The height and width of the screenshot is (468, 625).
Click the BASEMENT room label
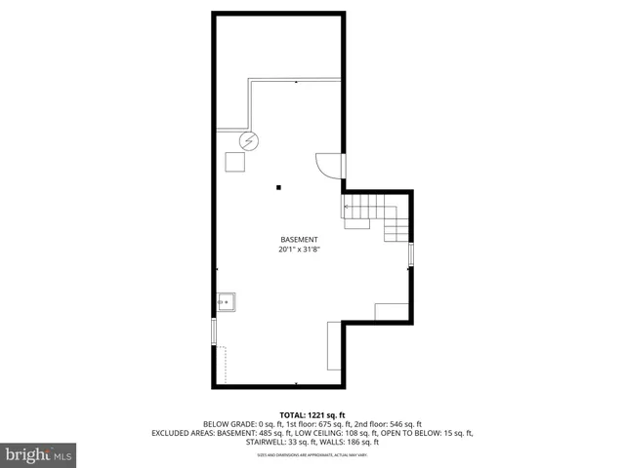click(299, 240)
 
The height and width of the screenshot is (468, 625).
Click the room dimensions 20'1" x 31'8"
click(299, 250)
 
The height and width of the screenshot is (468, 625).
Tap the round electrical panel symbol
click(250, 141)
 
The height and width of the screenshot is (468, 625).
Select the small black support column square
click(278, 186)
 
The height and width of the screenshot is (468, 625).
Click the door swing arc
click(327, 166)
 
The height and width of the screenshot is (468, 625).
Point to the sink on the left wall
click(226, 301)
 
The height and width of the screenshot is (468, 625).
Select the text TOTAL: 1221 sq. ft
click(312, 414)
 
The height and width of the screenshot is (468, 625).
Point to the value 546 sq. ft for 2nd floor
click(403, 424)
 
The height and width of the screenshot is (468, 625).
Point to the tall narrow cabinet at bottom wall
click(335, 348)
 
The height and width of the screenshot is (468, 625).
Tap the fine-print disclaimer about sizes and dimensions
click(312, 455)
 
